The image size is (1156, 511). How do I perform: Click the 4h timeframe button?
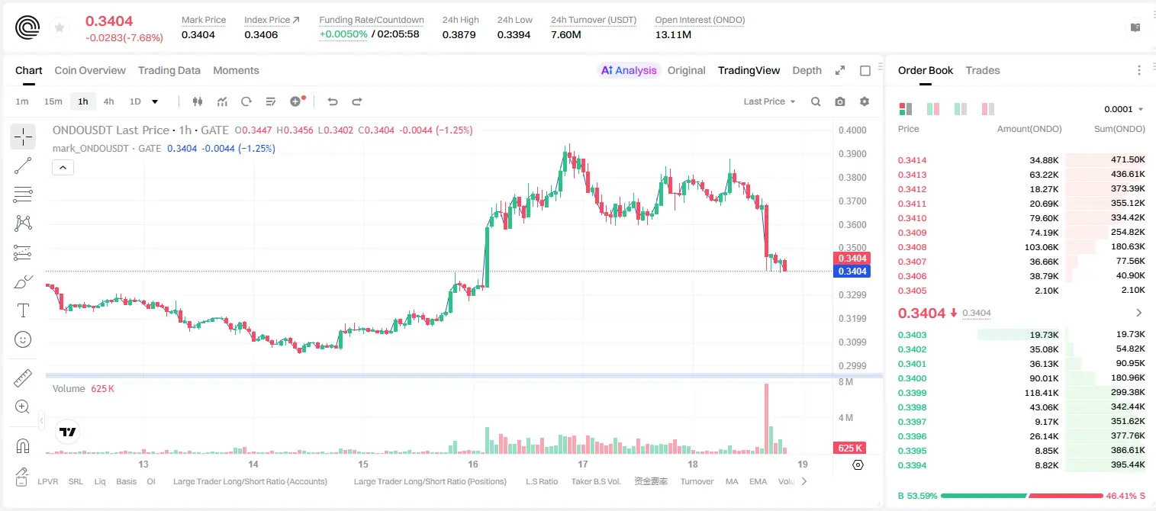108,101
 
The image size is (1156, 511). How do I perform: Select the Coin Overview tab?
90,70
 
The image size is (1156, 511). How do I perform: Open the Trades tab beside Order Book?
983,70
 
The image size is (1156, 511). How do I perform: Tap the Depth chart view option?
807,70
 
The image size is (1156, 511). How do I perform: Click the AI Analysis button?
629,70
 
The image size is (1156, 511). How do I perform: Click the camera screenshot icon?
840,101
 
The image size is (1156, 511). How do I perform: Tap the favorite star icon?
60,27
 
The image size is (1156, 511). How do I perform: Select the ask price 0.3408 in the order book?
912,247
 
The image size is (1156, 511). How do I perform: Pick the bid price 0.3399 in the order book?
912,393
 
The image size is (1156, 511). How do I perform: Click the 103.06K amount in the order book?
1042,247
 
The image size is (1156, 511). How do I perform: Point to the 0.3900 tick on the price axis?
852,153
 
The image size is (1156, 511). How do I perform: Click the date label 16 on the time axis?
473,464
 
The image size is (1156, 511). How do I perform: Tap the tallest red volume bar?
766,419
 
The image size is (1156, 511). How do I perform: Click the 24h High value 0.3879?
459,34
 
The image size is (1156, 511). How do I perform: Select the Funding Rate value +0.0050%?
343,34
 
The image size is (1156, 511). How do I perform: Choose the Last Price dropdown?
769,101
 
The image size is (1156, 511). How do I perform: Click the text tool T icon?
23,310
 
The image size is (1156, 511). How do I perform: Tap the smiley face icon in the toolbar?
23,339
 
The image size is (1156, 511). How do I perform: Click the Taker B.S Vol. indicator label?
595,481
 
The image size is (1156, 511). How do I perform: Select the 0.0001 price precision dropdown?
1123,109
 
